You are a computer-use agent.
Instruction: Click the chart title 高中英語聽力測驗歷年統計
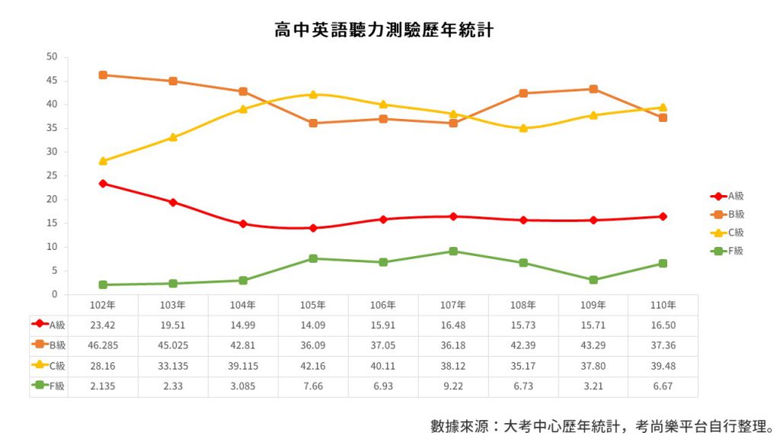(x=385, y=30)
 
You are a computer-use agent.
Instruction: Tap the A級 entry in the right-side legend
(x=734, y=196)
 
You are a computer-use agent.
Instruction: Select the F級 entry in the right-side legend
(x=734, y=251)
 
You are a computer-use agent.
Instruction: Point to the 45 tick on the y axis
(x=52, y=81)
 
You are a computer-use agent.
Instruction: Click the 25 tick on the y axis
(x=52, y=176)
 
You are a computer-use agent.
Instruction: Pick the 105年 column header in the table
(x=313, y=305)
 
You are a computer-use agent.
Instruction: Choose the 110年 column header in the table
(x=663, y=305)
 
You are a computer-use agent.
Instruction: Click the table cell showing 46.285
(x=103, y=346)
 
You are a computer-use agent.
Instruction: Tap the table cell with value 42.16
(x=313, y=367)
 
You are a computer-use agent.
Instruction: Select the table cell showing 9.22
(x=453, y=386)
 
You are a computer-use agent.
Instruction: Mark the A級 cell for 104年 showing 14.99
(x=243, y=325)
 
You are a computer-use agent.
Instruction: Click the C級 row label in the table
(x=49, y=367)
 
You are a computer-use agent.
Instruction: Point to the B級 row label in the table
(x=49, y=346)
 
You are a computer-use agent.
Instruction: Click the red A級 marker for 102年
(x=103, y=184)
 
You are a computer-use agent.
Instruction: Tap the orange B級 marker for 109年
(x=593, y=89)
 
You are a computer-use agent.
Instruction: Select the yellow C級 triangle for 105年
(x=313, y=94)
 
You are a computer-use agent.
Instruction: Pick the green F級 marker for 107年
(x=453, y=251)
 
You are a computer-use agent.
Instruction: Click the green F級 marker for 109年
(x=593, y=280)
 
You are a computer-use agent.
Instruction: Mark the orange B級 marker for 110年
(x=663, y=117)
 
